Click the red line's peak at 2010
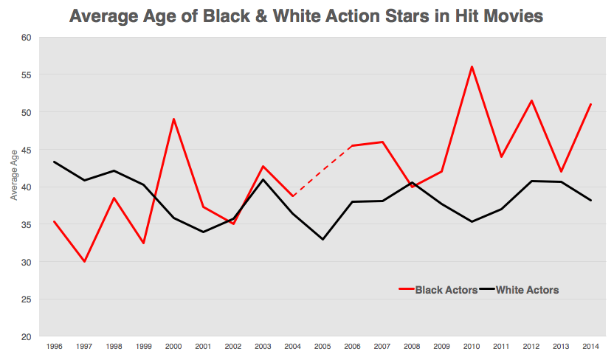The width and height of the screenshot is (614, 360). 472,66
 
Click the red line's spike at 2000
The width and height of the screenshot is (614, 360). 173,119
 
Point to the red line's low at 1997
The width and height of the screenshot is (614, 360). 84,261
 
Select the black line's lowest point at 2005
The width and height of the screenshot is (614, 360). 322,239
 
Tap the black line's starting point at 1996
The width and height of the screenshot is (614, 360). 54,162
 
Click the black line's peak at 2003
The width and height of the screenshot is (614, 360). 263,179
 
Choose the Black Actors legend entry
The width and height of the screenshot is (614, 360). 437,290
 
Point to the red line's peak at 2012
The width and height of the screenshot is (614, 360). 531,100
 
